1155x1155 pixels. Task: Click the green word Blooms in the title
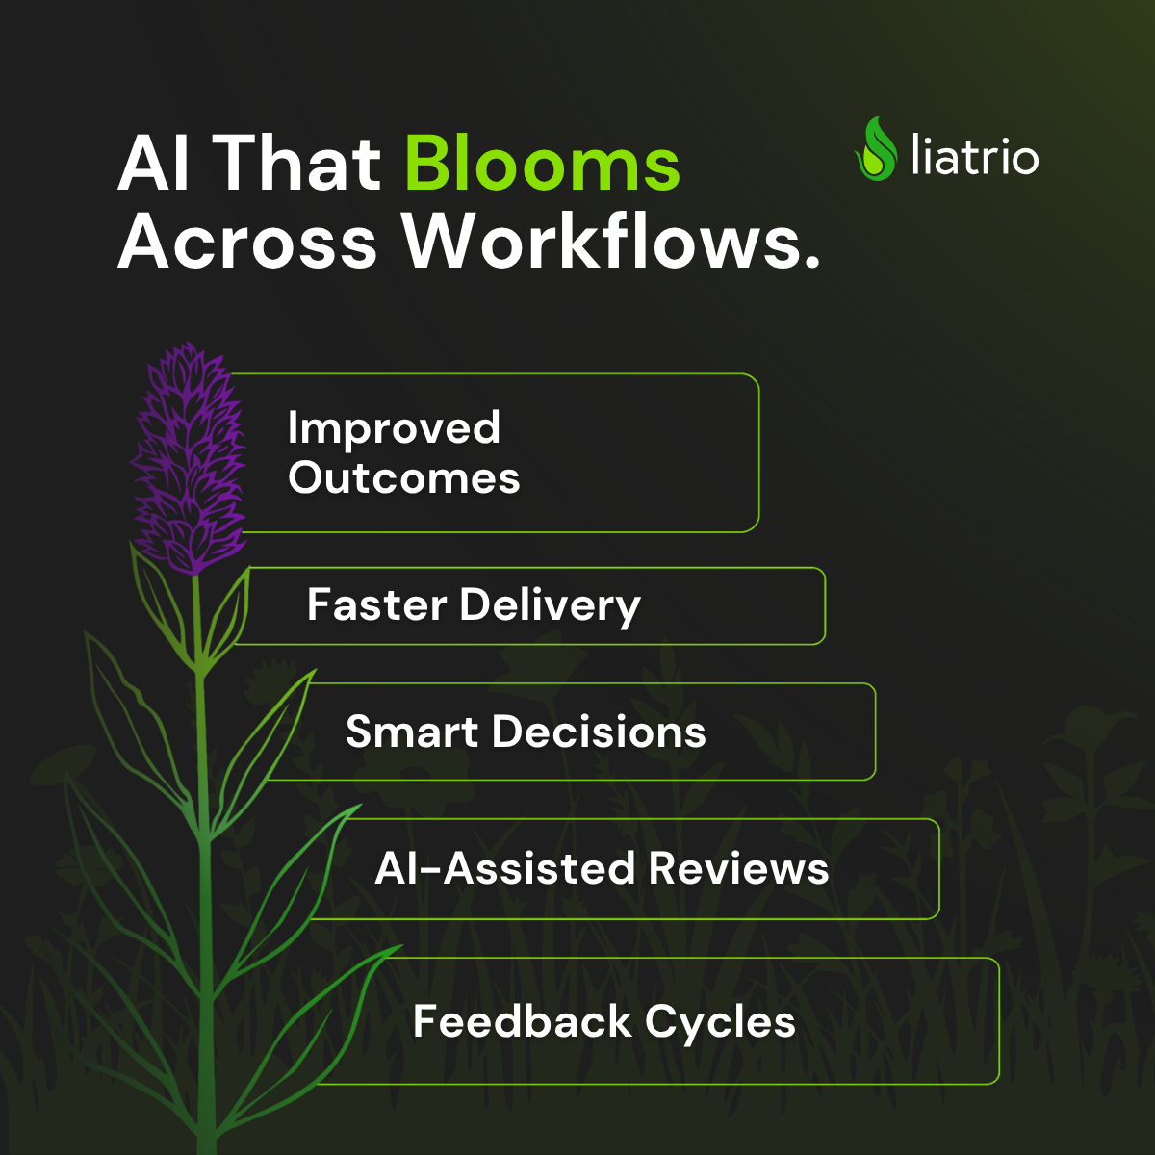543,164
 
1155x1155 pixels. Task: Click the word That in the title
296,164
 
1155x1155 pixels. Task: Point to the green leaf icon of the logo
877,148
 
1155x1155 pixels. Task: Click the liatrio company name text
975,155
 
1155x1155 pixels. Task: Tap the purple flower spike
189,458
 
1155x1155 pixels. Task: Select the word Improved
394,428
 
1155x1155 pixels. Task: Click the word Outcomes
404,477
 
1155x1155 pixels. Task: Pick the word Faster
377,604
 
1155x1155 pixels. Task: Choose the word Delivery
551,606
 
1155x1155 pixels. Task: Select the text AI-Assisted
504,868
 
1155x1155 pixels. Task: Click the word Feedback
522,1021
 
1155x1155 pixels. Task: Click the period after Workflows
811,262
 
